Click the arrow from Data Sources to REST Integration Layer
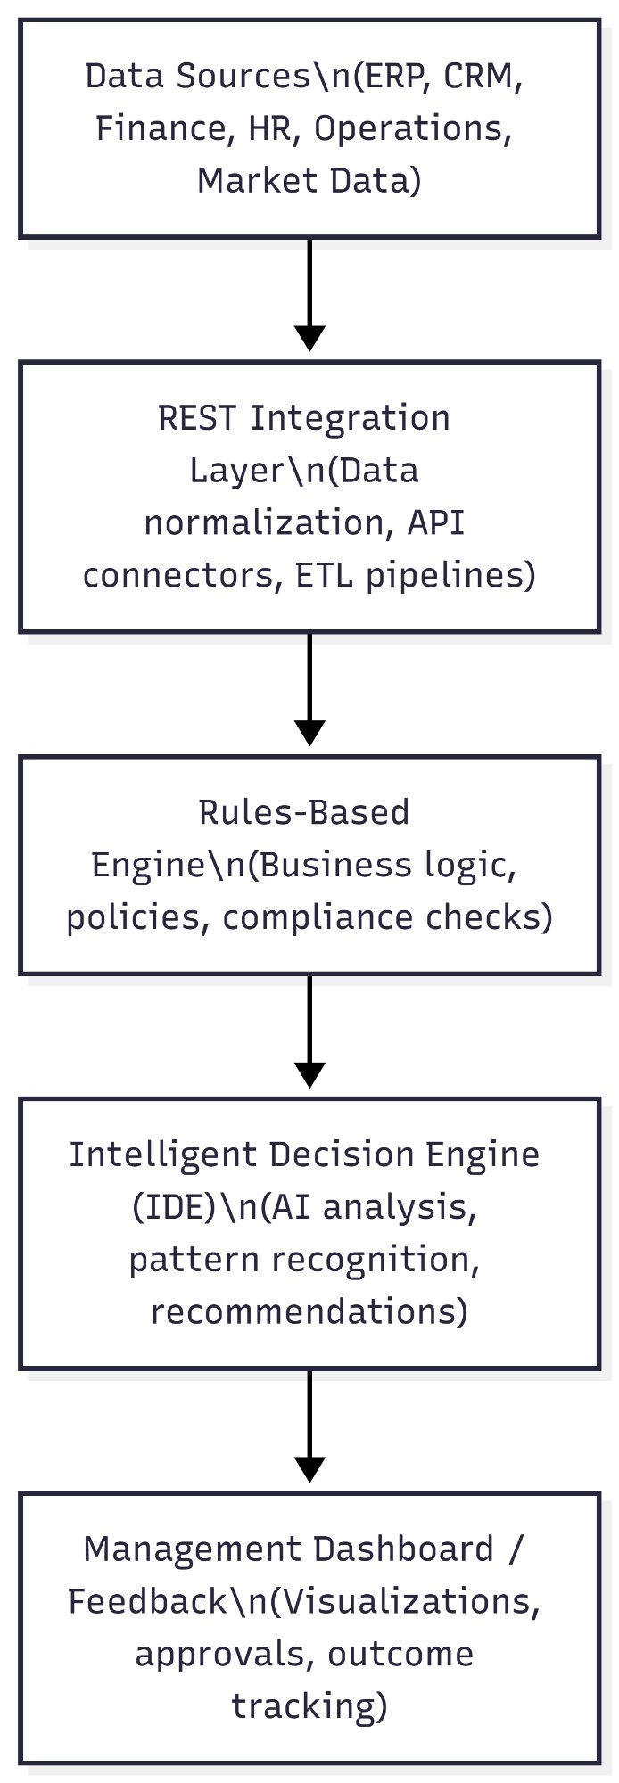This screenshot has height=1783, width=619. coord(309,294)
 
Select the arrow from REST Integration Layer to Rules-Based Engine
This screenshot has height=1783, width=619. coord(309,688)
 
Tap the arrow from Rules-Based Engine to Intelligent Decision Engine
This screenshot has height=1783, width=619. coord(309,1031)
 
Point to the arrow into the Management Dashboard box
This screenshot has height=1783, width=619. coord(309,1425)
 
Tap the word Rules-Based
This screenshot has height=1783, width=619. coord(304,813)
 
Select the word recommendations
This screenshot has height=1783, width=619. coord(308,1311)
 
